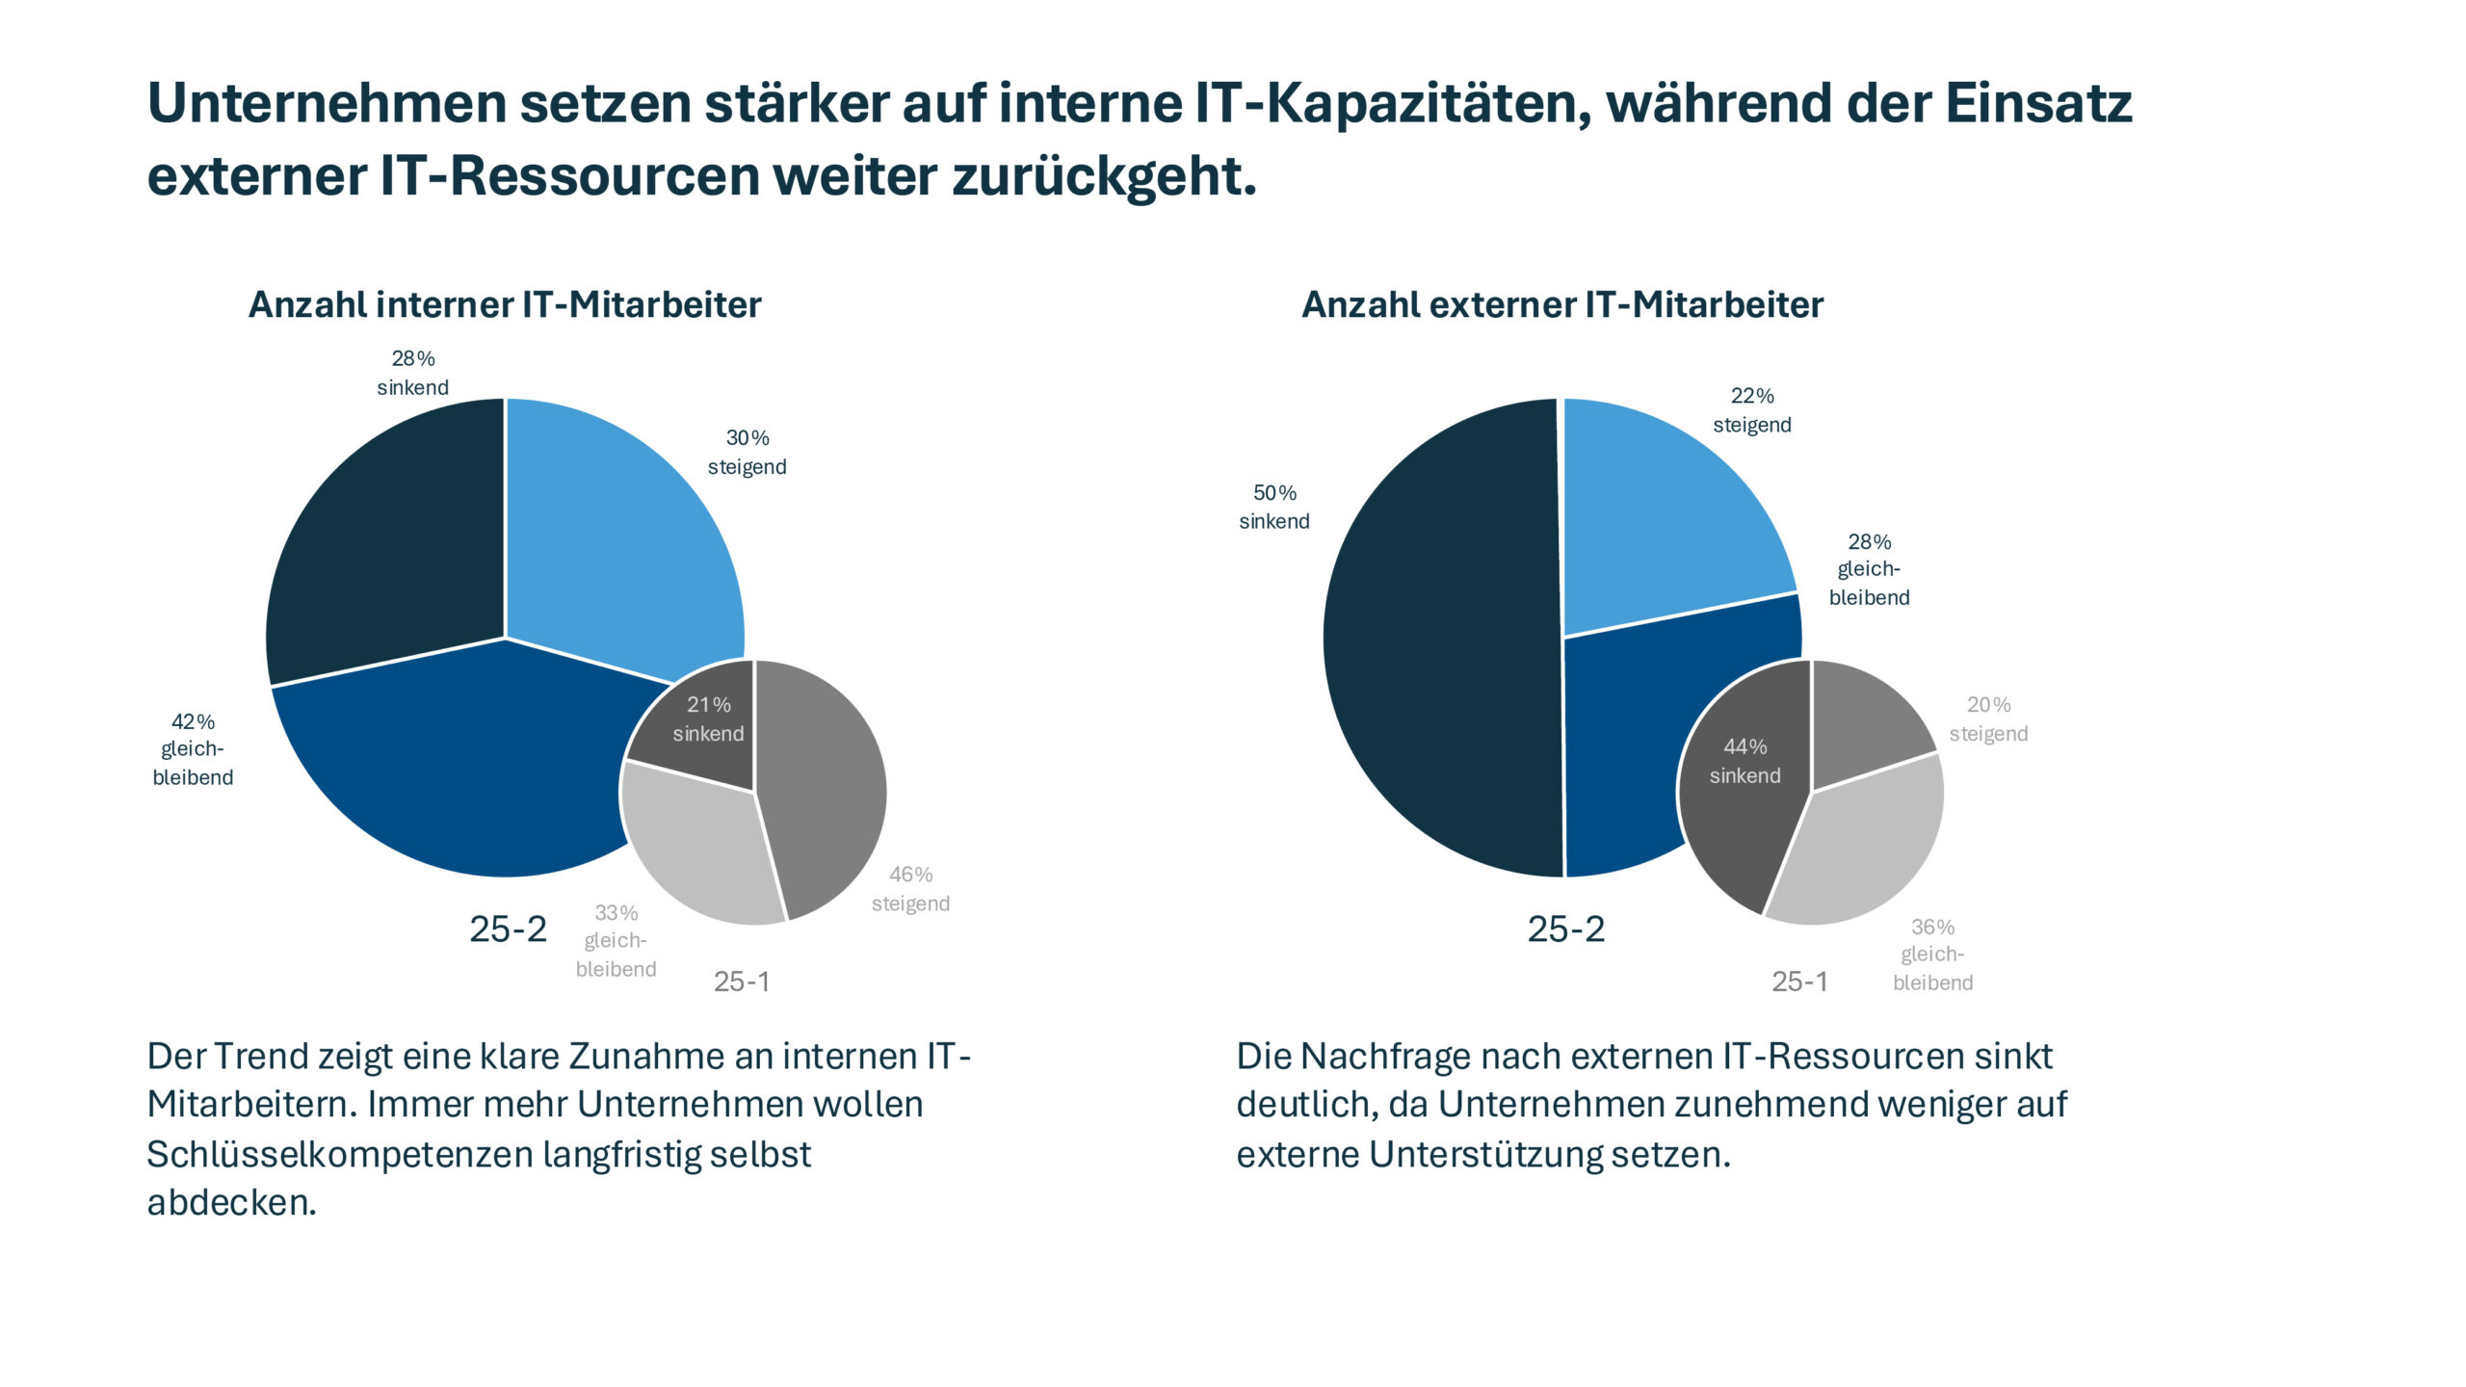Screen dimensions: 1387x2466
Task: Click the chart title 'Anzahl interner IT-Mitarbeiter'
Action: pos(505,305)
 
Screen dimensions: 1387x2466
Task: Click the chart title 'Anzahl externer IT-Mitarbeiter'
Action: pos(1562,305)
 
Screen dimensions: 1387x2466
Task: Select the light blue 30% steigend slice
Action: pos(616,539)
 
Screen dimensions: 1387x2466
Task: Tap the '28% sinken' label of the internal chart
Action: pos(412,373)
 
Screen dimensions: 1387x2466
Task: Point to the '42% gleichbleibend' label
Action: pos(193,749)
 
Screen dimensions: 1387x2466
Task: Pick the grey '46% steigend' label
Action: pos(910,889)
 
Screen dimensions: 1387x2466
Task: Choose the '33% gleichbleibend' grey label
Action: pos(616,941)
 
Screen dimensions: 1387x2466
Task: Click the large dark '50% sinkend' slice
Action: pos(1435,645)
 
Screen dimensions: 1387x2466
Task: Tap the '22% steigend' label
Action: pos(1751,410)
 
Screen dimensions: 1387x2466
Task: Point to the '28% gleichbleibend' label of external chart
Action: pos(1869,569)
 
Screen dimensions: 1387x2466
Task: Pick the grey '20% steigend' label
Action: pos(1988,720)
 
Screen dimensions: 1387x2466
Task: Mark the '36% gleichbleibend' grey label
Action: pos(1932,955)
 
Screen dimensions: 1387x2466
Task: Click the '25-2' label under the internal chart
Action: pos(508,929)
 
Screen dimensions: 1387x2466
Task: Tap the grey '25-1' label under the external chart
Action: pos(1799,981)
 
